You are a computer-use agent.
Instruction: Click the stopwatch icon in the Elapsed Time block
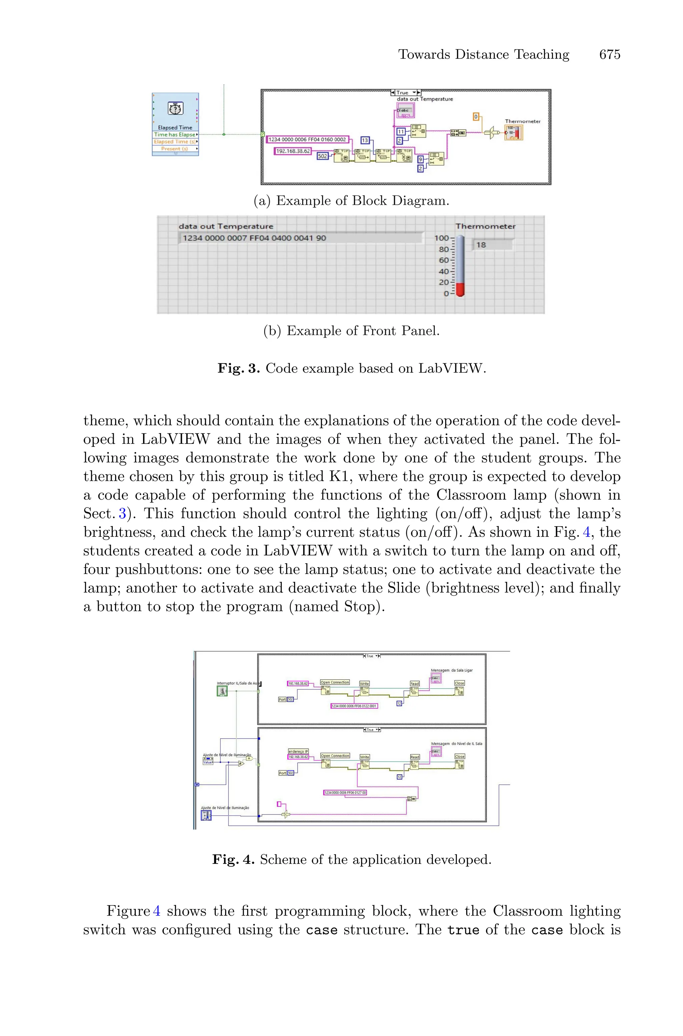[x=175, y=108]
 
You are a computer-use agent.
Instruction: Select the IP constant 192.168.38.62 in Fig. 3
[x=293, y=151]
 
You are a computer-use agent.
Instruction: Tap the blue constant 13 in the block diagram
[x=365, y=140]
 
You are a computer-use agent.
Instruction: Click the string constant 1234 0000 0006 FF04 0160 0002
[x=307, y=139]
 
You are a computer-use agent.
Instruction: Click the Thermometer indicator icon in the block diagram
[x=513, y=132]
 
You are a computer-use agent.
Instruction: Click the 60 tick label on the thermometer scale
[x=444, y=260]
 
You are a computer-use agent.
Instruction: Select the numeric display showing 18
[x=492, y=245]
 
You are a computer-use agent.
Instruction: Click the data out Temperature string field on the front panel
[x=300, y=238]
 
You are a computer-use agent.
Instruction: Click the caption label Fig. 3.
[x=239, y=369]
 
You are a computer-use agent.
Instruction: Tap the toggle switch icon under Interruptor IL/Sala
[x=222, y=691]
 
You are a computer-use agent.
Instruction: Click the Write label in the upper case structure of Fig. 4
[x=364, y=684]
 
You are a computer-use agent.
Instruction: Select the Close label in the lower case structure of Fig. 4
[x=460, y=756]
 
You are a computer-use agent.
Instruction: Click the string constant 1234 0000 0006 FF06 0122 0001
[x=354, y=706]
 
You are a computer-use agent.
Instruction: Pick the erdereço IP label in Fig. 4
[x=298, y=751]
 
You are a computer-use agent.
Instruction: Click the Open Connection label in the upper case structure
[x=335, y=682]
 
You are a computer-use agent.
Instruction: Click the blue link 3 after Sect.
[x=122, y=513]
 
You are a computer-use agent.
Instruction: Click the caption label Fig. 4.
[x=233, y=859]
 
